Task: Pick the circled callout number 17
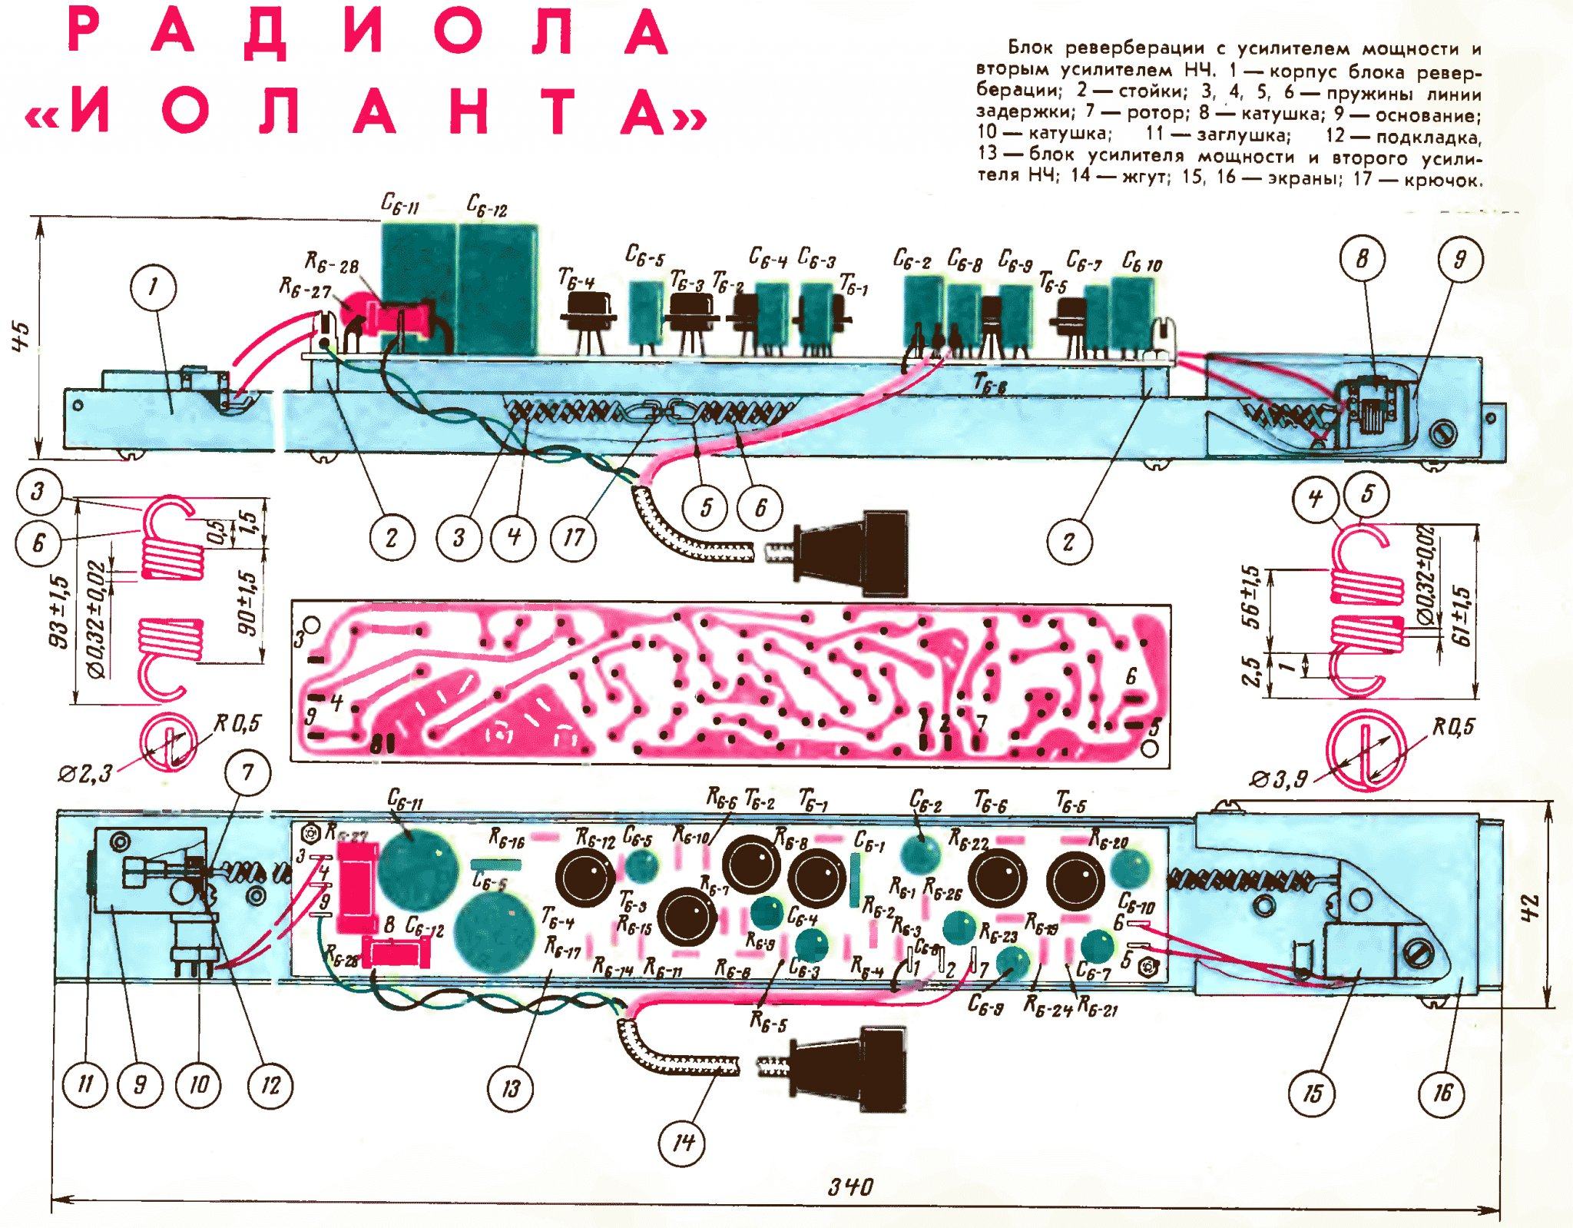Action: pos(574,537)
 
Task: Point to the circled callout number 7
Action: pos(247,772)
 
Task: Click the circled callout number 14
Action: pos(682,1142)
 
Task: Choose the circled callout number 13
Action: pos(511,1088)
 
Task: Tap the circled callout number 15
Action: pos(1312,1092)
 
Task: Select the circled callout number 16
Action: pos(1442,1092)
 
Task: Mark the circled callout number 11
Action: pos(85,1084)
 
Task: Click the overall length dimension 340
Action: pos(850,1187)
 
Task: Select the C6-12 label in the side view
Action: pos(488,207)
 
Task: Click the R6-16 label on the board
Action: pos(507,841)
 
